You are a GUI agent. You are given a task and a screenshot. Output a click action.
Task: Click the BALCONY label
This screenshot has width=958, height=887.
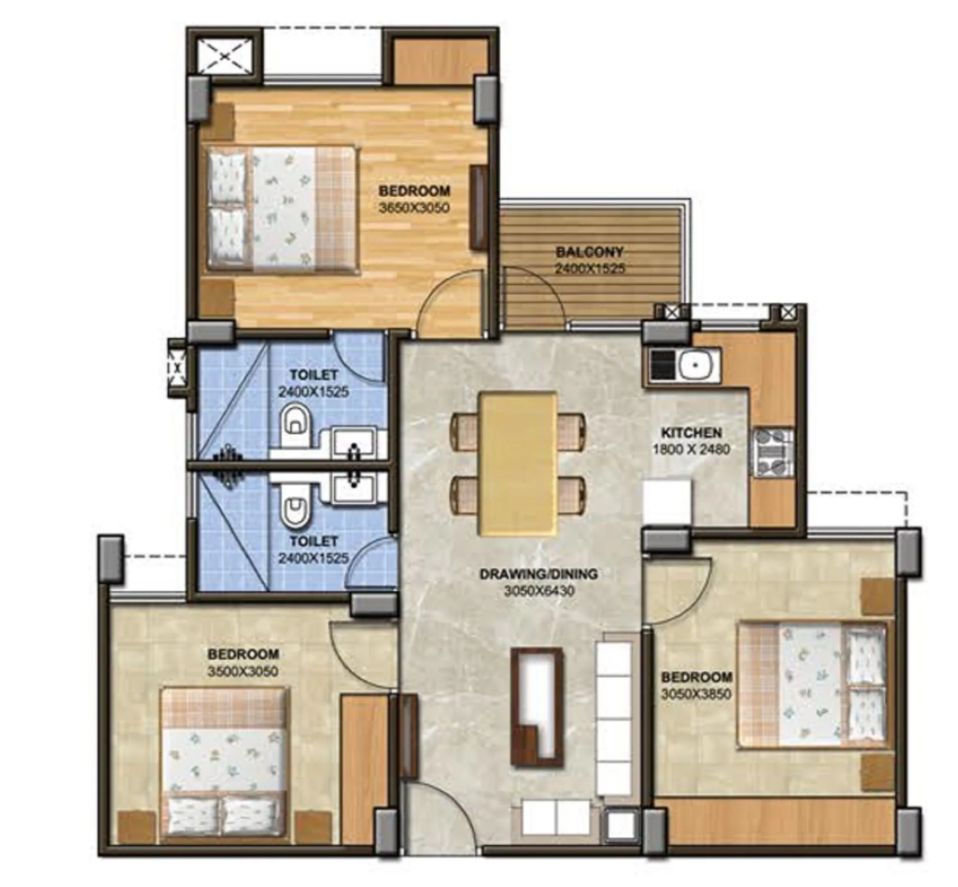pyautogui.click(x=589, y=252)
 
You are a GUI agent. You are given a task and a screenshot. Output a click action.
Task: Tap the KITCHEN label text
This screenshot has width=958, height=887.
pyautogui.click(x=691, y=433)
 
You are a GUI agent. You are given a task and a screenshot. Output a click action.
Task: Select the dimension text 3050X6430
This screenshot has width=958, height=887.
pyautogui.click(x=539, y=591)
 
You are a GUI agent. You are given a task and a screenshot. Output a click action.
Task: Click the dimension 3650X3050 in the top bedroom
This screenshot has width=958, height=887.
pyautogui.click(x=413, y=208)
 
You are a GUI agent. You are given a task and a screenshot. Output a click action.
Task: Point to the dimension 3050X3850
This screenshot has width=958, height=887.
pyautogui.click(x=696, y=694)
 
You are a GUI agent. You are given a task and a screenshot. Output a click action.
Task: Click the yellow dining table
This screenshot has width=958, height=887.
pyautogui.click(x=518, y=463)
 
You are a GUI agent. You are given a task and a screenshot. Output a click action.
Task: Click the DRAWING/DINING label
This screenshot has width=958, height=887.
pyautogui.click(x=539, y=574)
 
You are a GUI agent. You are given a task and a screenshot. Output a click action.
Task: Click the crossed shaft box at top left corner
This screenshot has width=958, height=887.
pyautogui.click(x=226, y=56)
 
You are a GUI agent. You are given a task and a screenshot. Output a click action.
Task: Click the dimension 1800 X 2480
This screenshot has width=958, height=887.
pyautogui.click(x=691, y=450)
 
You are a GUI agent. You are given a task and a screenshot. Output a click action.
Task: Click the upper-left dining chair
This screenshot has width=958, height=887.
pyautogui.click(x=463, y=431)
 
